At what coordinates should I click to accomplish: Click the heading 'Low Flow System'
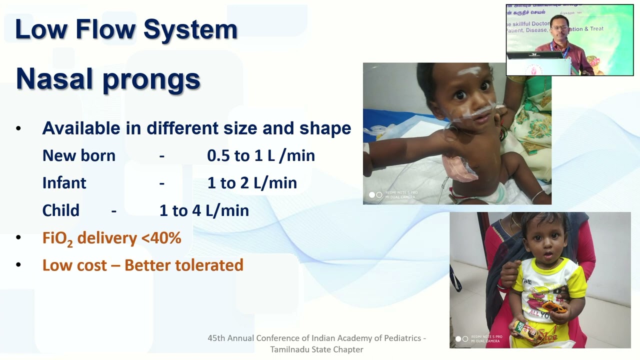point(126,29)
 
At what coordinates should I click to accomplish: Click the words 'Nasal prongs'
point(108,79)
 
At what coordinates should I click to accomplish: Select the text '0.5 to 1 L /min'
point(260,155)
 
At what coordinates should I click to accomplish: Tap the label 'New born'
point(78,155)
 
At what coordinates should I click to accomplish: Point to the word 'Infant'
point(64,183)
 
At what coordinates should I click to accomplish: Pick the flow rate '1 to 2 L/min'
point(252,183)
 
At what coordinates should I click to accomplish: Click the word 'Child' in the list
point(60,210)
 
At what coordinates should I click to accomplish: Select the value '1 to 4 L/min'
point(204,210)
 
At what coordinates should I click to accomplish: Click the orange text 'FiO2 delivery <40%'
point(111,238)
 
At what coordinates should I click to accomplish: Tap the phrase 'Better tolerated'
point(184,265)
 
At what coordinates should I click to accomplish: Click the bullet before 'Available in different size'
point(18,128)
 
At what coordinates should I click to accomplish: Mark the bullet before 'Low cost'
point(18,265)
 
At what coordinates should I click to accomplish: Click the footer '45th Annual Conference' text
point(316,338)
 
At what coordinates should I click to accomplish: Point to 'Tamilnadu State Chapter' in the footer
point(316,349)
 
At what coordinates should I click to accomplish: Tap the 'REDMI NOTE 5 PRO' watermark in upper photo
point(401,192)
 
